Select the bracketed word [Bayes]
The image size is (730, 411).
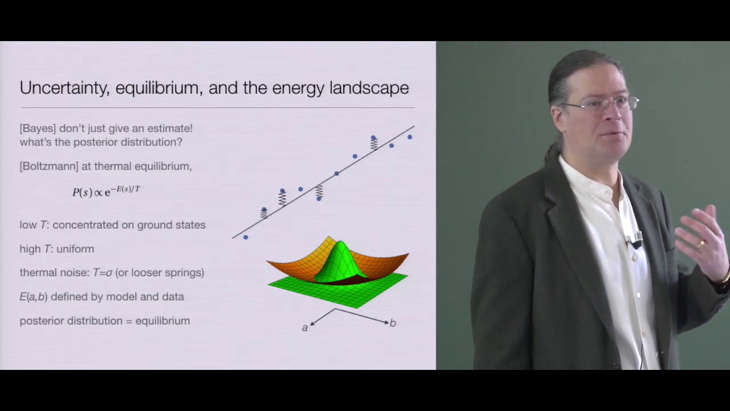38,128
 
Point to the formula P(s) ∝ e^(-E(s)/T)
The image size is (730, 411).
106,191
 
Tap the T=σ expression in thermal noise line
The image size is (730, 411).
103,273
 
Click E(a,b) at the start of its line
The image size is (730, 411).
33,297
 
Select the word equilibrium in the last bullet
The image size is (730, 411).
163,321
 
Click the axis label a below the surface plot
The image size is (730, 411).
305,328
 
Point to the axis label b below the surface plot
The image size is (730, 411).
393,323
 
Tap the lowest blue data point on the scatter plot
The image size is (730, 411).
246,237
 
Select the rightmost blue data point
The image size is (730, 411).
409,137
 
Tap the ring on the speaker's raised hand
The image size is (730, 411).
701,244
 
